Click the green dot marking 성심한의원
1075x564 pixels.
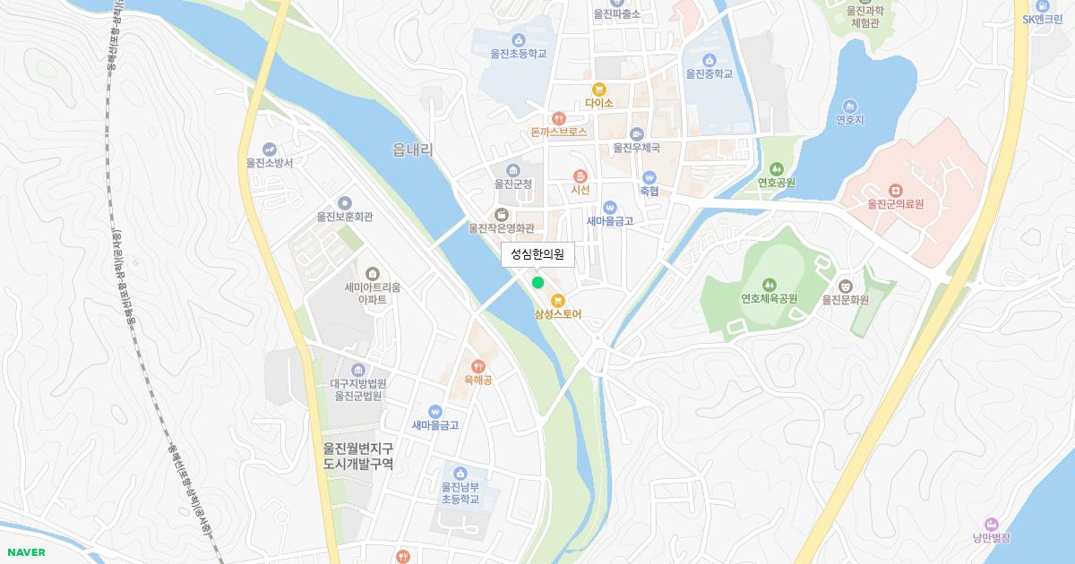click(537, 283)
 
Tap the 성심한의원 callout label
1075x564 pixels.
click(537, 254)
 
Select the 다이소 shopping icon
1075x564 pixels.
click(598, 89)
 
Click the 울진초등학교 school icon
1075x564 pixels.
click(518, 39)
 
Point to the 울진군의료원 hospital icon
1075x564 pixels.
click(894, 190)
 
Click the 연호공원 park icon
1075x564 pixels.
click(776, 168)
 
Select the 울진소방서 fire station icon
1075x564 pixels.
click(270, 149)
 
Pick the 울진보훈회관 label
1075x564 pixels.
click(345, 217)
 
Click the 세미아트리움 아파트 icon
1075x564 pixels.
click(373, 273)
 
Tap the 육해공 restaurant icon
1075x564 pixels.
click(477, 365)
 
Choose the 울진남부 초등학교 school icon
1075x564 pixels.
click(460, 473)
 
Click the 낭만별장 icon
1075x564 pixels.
click(991, 524)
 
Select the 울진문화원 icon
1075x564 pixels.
click(846, 285)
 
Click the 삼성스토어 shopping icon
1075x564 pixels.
click(557, 300)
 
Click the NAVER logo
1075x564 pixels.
click(24, 552)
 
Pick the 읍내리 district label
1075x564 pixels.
click(412, 150)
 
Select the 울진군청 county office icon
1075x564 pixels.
click(513, 169)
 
